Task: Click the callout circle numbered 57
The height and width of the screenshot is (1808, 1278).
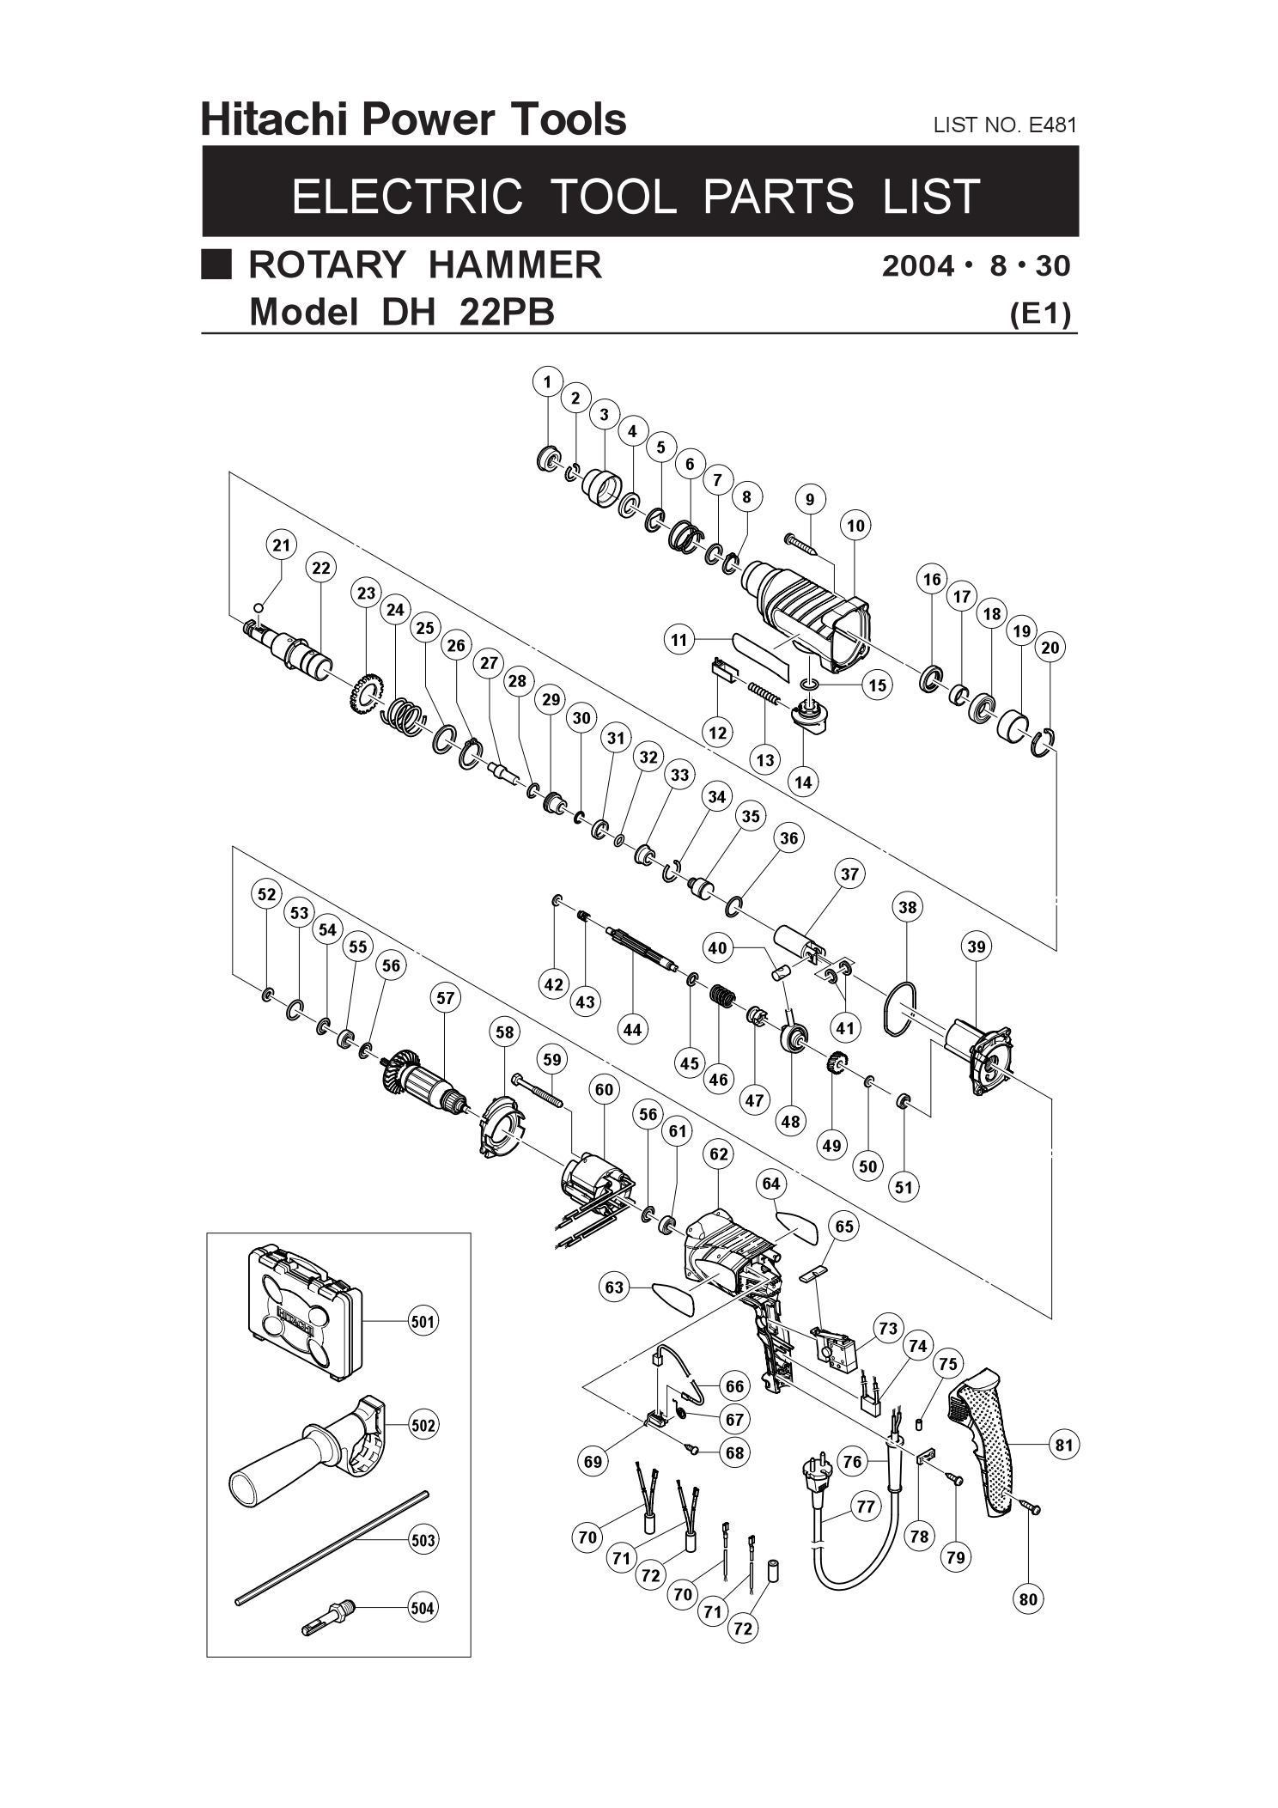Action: [445, 998]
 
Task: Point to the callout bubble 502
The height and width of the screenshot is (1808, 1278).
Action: [423, 1425]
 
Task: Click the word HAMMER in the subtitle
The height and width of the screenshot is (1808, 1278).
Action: [514, 265]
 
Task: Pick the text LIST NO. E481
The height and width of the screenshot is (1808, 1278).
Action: [1004, 125]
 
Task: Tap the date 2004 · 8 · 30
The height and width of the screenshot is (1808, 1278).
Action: [976, 266]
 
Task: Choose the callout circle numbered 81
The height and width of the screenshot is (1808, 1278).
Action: [1064, 1445]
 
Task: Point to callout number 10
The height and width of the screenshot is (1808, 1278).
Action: [855, 526]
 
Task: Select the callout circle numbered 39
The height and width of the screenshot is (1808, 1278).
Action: [977, 947]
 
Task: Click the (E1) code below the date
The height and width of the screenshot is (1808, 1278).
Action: [1041, 314]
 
